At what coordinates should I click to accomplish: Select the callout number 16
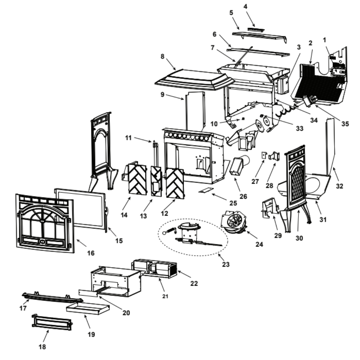click(91, 253)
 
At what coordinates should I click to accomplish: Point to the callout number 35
click(345, 124)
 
